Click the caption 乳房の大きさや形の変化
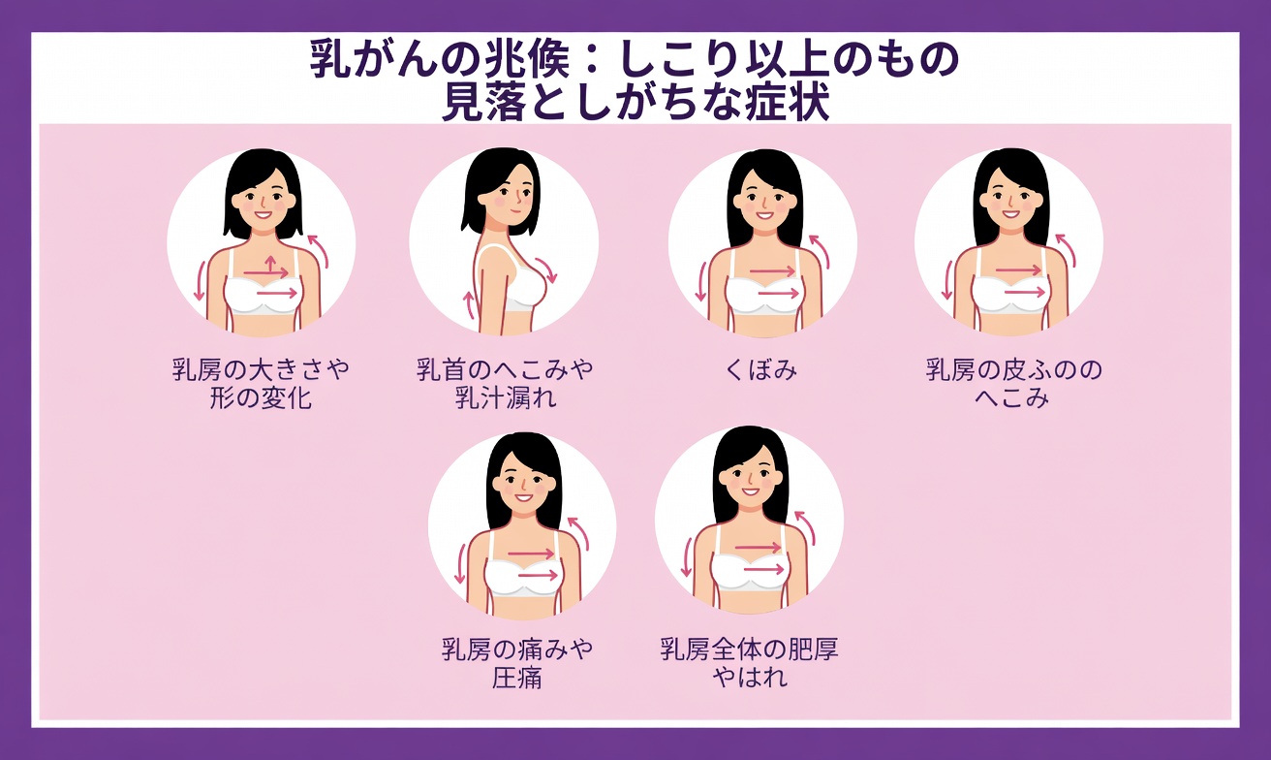[x=261, y=384]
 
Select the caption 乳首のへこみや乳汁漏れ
[x=505, y=384]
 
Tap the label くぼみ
[x=760, y=370]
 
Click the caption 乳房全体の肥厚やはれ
[x=749, y=663]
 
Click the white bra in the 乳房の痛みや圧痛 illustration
[x=522, y=578]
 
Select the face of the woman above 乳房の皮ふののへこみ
[x=1009, y=200]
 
